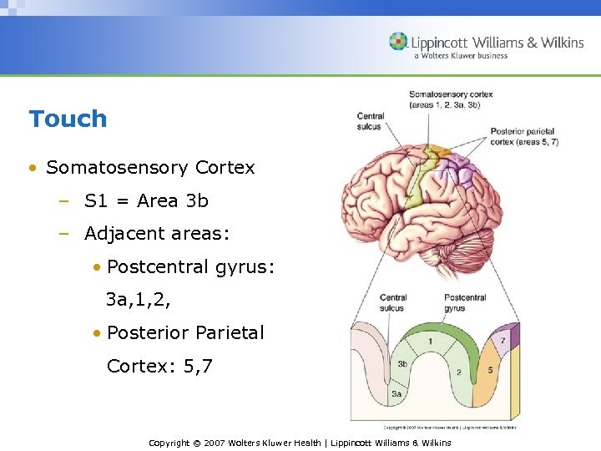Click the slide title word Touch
point(68,119)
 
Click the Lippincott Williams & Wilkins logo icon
point(398,41)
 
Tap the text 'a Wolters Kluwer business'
point(460,56)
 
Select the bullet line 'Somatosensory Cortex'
point(150,167)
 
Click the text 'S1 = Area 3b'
point(146,200)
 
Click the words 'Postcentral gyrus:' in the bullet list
point(190,267)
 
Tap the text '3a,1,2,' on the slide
point(139,300)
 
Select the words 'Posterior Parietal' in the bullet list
point(185,332)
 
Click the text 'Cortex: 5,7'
point(159,366)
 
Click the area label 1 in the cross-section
point(430,341)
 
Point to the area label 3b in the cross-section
point(402,364)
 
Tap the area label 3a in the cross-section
point(396,393)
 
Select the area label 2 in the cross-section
point(459,372)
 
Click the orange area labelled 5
point(489,370)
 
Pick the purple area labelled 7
point(503,341)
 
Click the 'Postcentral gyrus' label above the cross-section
point(465,302)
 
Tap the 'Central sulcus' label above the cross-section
point(393,302)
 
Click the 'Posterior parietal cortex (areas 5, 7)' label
point(523,137)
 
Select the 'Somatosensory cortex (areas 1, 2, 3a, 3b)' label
point(450,99)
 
